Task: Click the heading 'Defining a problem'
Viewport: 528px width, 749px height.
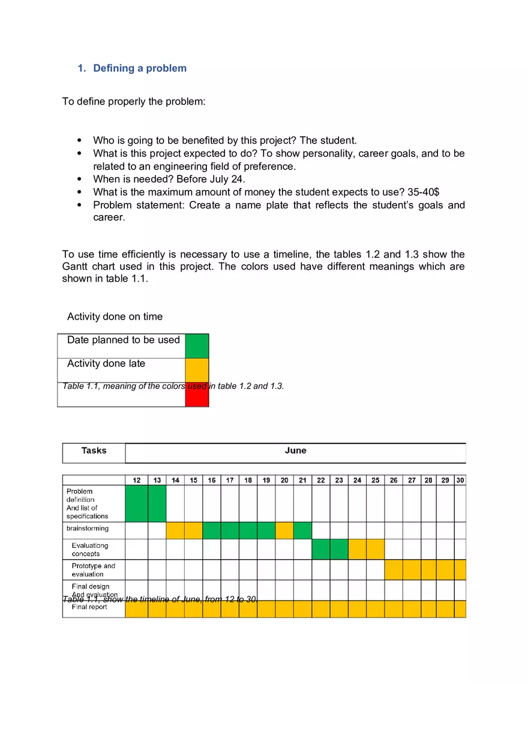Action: pos(139,68)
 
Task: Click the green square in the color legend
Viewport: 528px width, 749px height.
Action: pos(197,346)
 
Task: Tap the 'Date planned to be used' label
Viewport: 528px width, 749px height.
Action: pos(123,340)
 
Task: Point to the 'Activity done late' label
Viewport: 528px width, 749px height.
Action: pos(106,364)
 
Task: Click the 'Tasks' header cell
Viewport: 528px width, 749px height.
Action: pos(94,451)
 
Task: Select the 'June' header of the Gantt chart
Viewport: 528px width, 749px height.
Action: pos(295,451)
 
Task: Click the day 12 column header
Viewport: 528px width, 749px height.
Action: pos(137,481)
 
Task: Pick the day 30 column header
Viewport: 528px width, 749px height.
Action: pos(460,481)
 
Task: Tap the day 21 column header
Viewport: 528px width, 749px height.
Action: pos(302,481)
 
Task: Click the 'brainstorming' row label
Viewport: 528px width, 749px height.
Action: pos(88,529)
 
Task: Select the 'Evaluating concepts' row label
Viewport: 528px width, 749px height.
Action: pos(89,550)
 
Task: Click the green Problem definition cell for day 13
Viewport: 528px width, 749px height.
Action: pos(157,503)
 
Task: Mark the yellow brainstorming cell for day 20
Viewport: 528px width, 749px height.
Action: pos(284,530)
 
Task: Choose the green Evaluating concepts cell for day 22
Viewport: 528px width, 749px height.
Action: pos(321,549)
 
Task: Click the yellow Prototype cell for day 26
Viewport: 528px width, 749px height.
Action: pos(394,569)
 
